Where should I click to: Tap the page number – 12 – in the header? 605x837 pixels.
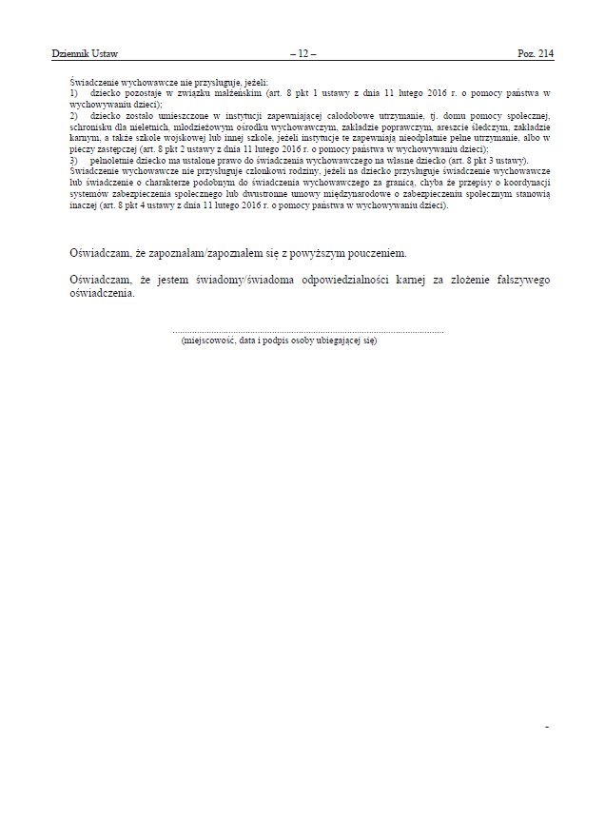(x=302, y=54)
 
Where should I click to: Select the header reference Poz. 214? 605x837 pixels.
(x=536, y=54)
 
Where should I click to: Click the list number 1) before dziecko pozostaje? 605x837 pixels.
(x=75, y=95)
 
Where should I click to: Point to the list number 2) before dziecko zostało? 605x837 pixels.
(x=75, y=115)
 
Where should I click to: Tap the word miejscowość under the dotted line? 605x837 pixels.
(x=207, y=340)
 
